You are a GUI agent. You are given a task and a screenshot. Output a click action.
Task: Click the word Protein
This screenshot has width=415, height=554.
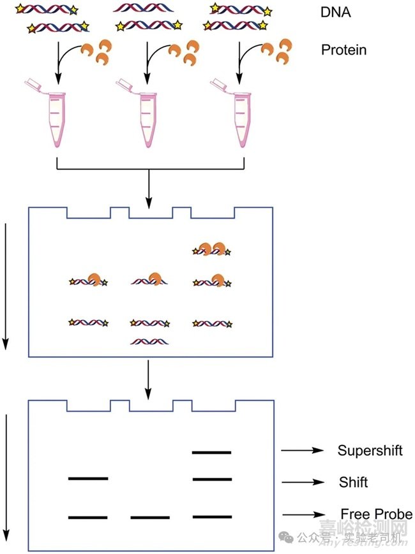pos(343,49)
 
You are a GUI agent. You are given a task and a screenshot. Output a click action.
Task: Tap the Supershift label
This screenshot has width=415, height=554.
pos(370,451)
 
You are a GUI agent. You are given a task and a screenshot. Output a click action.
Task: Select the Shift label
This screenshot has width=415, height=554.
pos(353,482)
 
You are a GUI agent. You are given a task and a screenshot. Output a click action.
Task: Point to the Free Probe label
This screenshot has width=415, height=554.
pos(376,514)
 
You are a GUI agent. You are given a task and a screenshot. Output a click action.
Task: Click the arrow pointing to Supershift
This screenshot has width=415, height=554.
pos(302,451)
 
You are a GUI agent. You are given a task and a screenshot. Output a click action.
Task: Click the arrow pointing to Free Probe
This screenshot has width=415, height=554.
pos(304,514)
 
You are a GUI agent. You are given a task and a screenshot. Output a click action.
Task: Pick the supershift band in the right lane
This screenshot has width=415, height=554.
pos(211,452)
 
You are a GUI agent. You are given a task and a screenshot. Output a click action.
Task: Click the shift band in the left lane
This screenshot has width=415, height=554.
pos(88,478)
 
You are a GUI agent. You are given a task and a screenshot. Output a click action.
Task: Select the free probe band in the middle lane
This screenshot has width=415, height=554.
pos(150,517)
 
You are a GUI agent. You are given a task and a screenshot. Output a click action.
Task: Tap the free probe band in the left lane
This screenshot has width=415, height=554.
pos(88,516)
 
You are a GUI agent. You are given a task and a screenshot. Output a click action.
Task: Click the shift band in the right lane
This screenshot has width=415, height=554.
pos(211,479)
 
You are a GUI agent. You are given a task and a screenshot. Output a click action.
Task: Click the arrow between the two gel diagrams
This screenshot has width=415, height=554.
pos(148,375)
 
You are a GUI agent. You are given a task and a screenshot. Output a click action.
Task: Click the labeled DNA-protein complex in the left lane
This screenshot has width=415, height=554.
pos(88,281)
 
